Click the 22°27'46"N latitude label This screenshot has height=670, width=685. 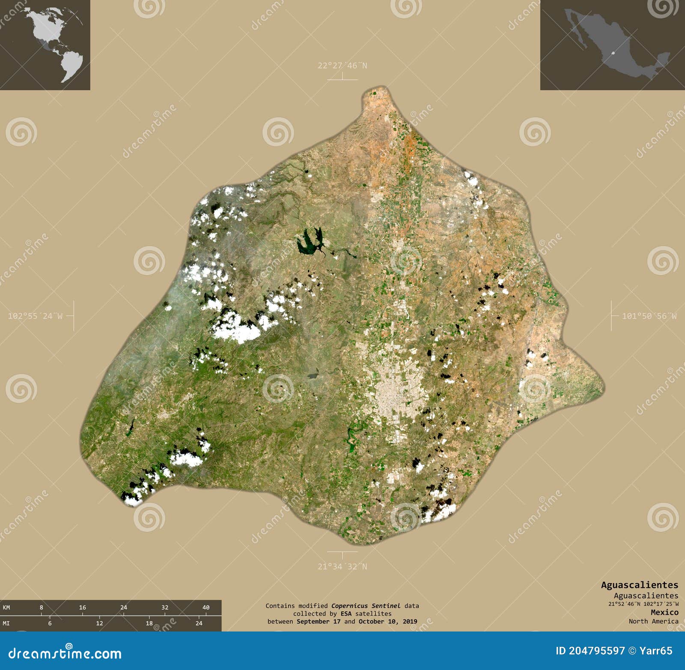click(x=342, y=66)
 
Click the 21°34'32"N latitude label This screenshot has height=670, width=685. click(x=342, y=566)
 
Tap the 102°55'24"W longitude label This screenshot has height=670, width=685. click(x=35, y=316)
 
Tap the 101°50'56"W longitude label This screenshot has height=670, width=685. click(x=649, y=316)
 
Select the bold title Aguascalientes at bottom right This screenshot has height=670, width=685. click(x=639, y=585)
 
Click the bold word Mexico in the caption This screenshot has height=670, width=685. click(x=664, y=612)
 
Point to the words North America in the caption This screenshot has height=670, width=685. click(x=653, y=621)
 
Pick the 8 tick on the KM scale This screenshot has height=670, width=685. click(x=41, y=608)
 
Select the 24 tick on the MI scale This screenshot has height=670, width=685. click(x=199, y=623)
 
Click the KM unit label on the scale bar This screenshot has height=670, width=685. click(x=6, y=608)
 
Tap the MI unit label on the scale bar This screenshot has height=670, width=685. click(x=6, y=623)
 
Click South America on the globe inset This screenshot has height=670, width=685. click(x=71, y=64)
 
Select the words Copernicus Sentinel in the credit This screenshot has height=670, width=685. click(x=366, y=606)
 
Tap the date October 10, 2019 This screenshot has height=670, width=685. click(x=388, y=621)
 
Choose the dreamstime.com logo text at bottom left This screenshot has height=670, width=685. click(x=64, y=653)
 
